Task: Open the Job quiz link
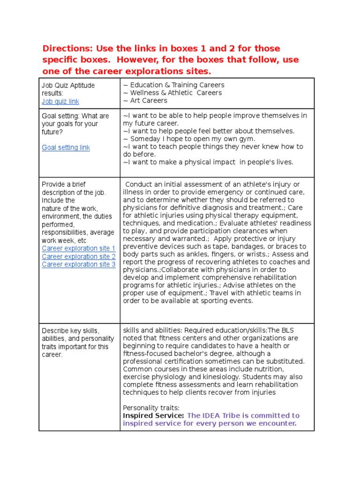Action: point(60,101)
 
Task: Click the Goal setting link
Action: point(66,148)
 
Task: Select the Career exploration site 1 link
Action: point(78,248)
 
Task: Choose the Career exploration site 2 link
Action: point(78,256)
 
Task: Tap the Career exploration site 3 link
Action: point(78,264)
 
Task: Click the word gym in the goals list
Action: point(247,139)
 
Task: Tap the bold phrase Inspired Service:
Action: point(153,416)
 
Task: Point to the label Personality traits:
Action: point(151,408)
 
